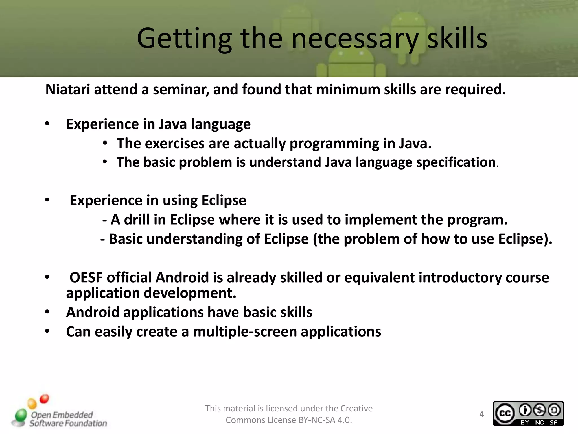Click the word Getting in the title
coord(184,39)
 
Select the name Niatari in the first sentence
coord(68,90)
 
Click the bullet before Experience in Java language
coord(47,124)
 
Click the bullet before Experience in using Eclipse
coord(47,200)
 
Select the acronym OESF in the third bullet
coord(86,277)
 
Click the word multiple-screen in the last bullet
coord(245,331)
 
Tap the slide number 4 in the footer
coord(481,414)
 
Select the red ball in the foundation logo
coord(44,399)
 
